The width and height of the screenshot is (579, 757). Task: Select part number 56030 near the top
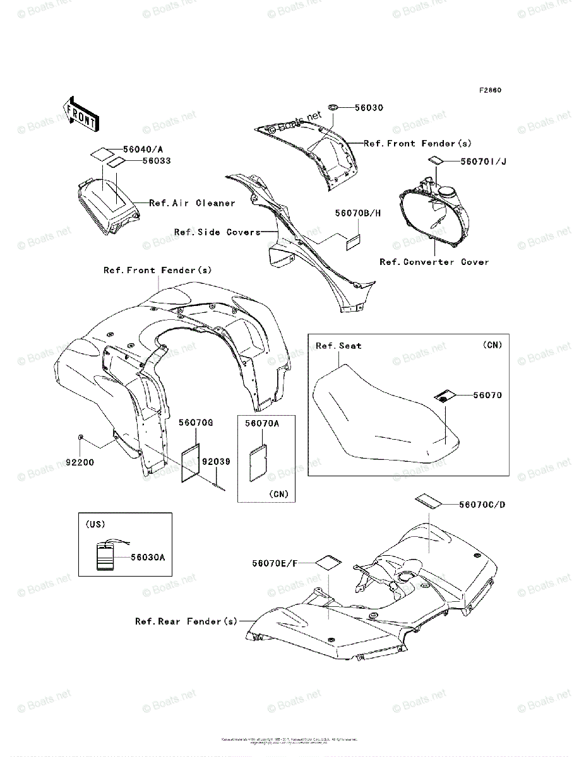tap(369, 108)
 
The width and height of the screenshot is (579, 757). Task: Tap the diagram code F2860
tap(489, 90)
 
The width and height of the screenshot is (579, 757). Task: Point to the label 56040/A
tap(143, 150)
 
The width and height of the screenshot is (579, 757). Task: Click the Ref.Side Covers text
tap(217, 232)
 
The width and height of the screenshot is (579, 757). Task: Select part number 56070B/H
tap(358, 213)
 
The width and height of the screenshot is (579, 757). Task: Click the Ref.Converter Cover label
tap(434, 262)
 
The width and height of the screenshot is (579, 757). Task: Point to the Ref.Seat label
tap(338, 346)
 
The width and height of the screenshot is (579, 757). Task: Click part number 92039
tap(216, 462)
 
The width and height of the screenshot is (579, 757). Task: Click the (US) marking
tap(95, 524)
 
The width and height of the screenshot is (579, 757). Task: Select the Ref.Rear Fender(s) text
tap(186, 621)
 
